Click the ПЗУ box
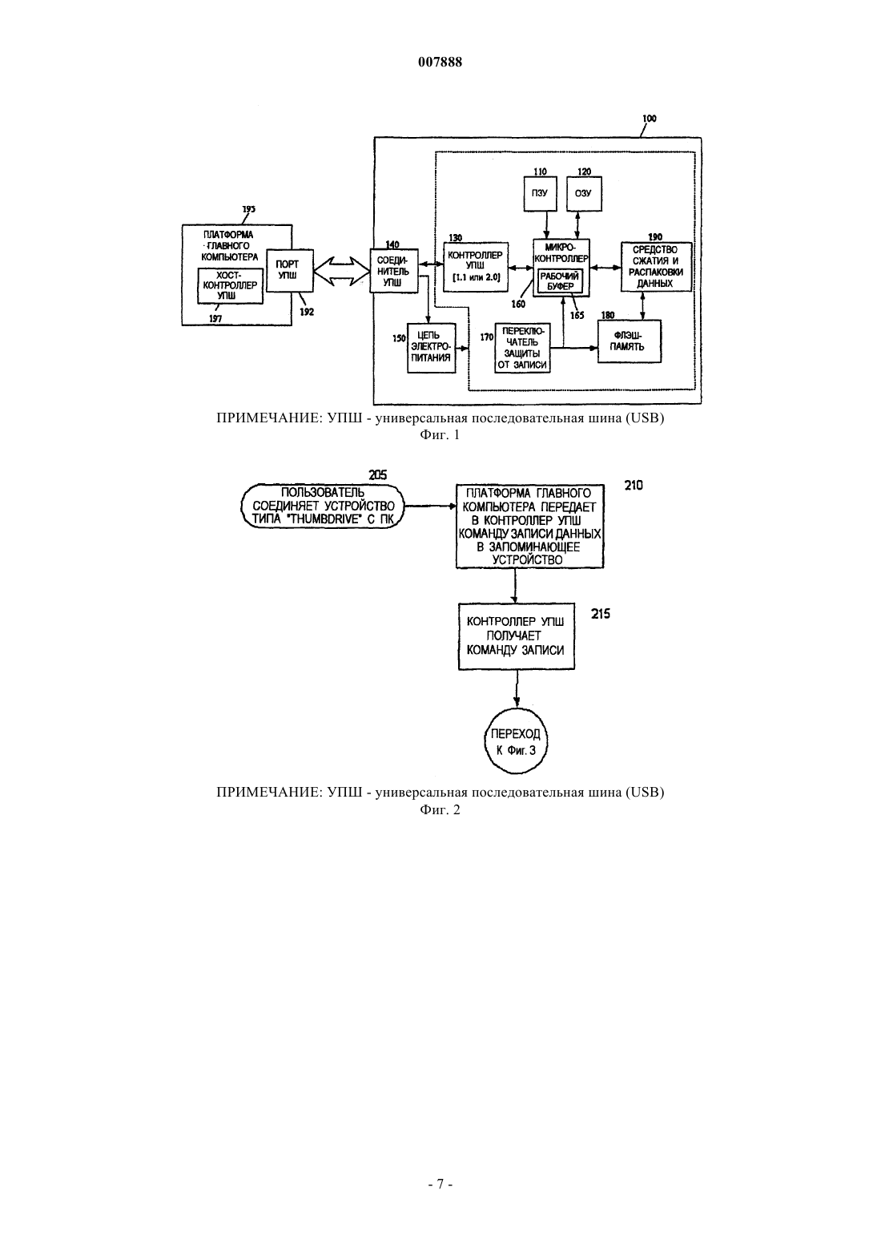[x=540, y=193]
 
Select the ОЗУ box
[x=583, y=193]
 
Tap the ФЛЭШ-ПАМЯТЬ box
[x=630, y=341]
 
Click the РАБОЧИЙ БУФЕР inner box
[x=560, y=281]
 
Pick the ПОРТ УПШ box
[x=290, y=270]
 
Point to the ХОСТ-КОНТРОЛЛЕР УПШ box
[x=231, y=285]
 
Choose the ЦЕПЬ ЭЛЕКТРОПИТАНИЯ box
[x=432, y=348]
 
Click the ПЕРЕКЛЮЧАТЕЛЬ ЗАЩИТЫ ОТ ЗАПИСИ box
[x=522, y=348]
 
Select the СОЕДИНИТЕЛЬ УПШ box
[x=394, y=271]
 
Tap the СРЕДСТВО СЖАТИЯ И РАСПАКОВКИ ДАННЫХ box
[x=656, y=267]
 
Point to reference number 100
[x=649, y=119]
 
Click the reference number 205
[x=378, y=475]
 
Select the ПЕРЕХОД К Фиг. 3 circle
[x=516, y=741]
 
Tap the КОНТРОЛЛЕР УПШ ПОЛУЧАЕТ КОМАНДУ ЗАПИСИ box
[x=517, y=636]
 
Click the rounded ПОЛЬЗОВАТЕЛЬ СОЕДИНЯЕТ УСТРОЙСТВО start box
[x=323, y=506]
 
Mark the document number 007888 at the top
[x=440, y=62]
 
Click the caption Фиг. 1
[x=440, y=435]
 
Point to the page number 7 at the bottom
[x=440, y=1184]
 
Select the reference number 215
[x=601, y=614]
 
